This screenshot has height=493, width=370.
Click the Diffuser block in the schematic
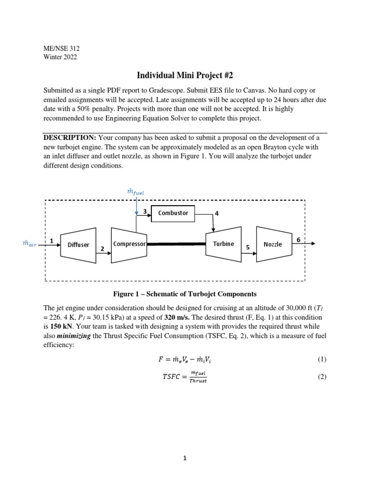78,245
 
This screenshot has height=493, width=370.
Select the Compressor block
129,244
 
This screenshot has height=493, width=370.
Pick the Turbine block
223,244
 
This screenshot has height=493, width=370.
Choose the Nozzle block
273,244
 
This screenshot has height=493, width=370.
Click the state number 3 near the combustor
145,211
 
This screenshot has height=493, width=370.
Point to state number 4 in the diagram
217,213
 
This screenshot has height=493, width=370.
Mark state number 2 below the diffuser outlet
102,249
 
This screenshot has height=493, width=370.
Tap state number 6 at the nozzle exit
298,239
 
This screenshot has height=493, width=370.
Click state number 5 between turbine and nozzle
248,247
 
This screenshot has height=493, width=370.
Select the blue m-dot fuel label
135,192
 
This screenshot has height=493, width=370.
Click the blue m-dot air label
29,244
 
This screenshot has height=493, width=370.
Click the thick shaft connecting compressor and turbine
176,244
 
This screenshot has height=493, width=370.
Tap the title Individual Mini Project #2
185,75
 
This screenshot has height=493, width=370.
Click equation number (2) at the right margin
322,377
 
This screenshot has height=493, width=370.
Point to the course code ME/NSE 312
62,48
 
